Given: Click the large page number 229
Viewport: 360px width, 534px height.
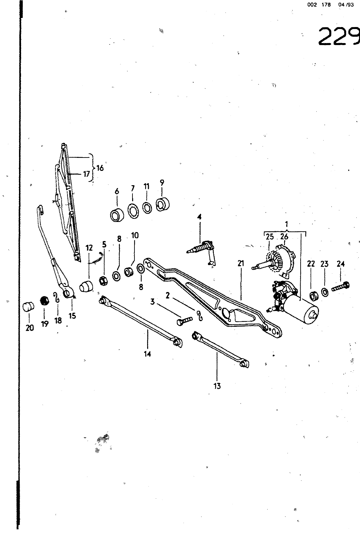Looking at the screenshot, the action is pyautogui.click(x=339, y=36).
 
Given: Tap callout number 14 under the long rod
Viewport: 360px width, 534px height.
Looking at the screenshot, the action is pyautogui.click(x=147, y=354).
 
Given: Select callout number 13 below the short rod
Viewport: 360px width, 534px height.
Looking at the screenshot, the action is pyautogui.click(x=217, y=386).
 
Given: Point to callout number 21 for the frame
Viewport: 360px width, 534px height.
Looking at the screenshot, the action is pyautogui.click(x=241, y=263).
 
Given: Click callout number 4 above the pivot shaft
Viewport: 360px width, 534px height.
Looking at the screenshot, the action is pyautogui.click(x=199, y=217).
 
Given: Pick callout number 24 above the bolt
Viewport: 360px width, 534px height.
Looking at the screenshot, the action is pyautogui.click(x=340, y=264).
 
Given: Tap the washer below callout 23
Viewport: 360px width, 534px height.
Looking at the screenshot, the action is pyautogui.click(x=324, y=292).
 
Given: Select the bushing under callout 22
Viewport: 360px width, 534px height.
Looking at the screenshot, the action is pyautogui.click(x=314, y=296).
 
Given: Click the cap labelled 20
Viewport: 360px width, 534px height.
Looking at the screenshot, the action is pyautogui.click(x=28, y=307).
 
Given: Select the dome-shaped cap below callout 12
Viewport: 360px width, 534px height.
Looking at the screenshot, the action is pyautogui.click(x=86, y=286).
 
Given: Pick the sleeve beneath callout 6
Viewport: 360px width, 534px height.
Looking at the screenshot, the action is pyautogui.click(x=117, y=215).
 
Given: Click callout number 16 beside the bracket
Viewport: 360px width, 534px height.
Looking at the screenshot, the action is pyautogui.click(x=100, y=168).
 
